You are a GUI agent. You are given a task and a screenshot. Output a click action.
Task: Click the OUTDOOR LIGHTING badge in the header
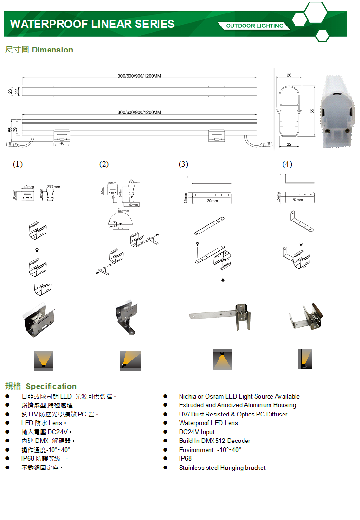(x=255, y=26)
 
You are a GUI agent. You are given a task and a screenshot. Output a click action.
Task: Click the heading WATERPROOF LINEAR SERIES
(x=92, y=24)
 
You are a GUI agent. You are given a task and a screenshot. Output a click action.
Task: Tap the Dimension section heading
(x=39, y=50)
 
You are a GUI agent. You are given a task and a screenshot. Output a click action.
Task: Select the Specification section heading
(x=41, y=386)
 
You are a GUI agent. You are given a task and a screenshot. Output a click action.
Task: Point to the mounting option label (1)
(x=18, y=164)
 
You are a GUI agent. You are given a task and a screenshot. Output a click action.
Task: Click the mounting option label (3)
(x=183, y=164)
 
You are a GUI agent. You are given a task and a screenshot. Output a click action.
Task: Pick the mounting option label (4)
(x=287, y=164)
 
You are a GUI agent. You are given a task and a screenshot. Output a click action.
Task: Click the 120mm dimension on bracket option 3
(x=211, y=201)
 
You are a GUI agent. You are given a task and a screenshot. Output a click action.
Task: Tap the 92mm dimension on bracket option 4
(x=298, y=200)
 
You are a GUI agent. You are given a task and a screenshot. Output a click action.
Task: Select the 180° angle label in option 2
(x=123, y=211)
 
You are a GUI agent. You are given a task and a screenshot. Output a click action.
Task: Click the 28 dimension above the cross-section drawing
(x=289, y=75)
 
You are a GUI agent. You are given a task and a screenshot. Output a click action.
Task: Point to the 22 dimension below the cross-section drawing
(x=289, y=144)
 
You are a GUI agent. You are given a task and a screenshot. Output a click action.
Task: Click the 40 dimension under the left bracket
(x=62, y=143)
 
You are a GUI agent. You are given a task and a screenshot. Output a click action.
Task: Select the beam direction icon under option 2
(x=130, y=361)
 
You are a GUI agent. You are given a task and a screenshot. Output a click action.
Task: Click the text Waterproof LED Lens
(x=208, y=423)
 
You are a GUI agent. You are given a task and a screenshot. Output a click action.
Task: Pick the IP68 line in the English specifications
(x=185, y=458)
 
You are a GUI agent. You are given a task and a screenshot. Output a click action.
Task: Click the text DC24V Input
(x=197, y=432)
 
